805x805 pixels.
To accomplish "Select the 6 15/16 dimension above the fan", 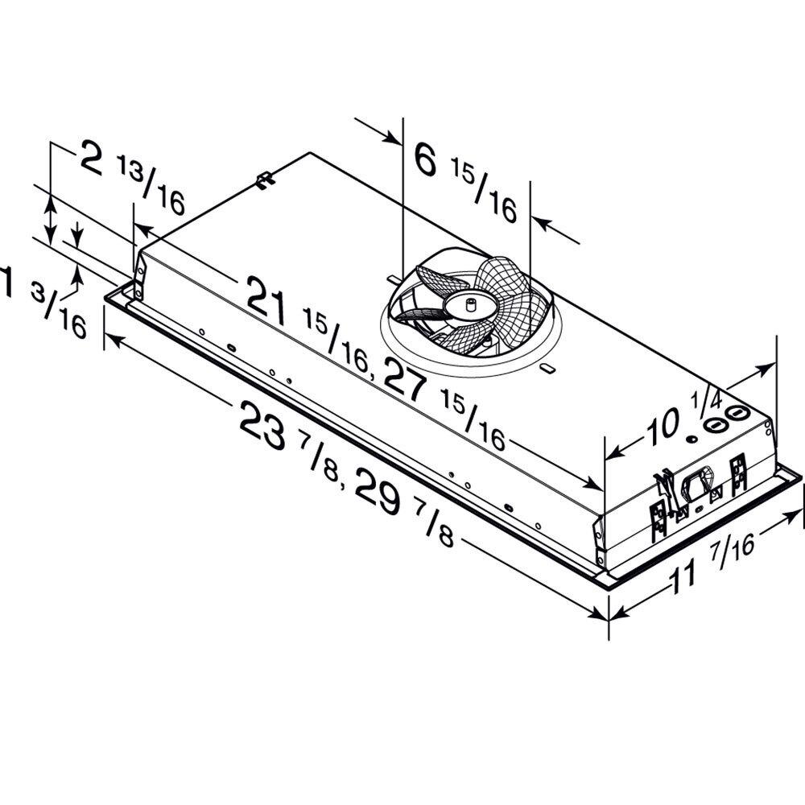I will pyautogui.click(x=464, y=181).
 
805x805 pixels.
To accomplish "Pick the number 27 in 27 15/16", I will pyautogui.click(x=405, y=378).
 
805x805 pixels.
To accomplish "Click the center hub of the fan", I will pyautogui.click(x=466, y=305).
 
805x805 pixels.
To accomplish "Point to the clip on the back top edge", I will pyautogui.click(x=265, y=179).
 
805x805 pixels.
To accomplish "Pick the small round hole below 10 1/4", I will pyautogui.click(x=691, y=440).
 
